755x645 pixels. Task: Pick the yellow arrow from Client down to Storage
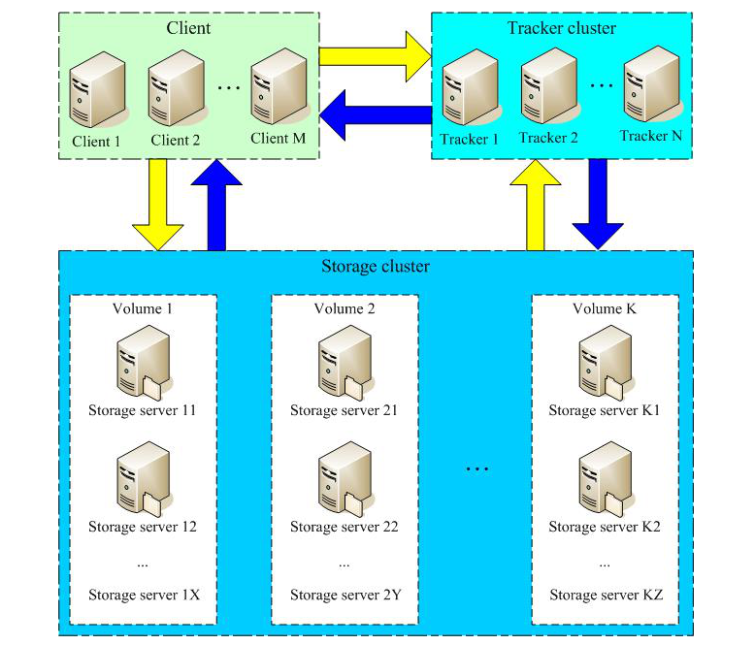pos(156,203)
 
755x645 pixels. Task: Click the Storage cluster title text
pos(375,267)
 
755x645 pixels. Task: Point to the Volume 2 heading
pos(344,308)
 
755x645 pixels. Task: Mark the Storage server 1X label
pos(144,595)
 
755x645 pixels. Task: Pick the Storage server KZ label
pos(606,595)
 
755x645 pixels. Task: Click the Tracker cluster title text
pos(561,27)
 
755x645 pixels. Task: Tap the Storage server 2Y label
pos(345,595)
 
